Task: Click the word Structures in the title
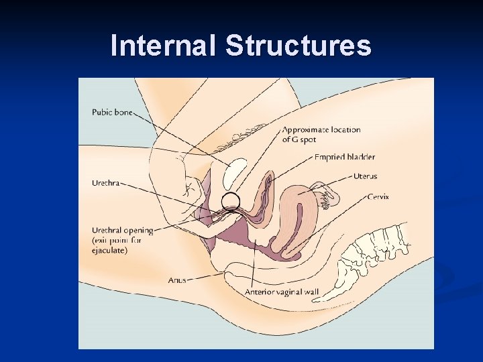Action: pos(298,46)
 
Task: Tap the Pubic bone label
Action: pos(112,113)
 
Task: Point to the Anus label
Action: pos(176,280)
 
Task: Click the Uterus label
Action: pos(365,176)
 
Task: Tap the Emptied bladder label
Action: pos(345,158)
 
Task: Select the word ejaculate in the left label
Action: pos(111,251)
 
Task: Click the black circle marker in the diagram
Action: pos(231,200)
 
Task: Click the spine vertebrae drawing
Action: pos(366,258)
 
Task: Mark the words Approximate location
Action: pos(321,130)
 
